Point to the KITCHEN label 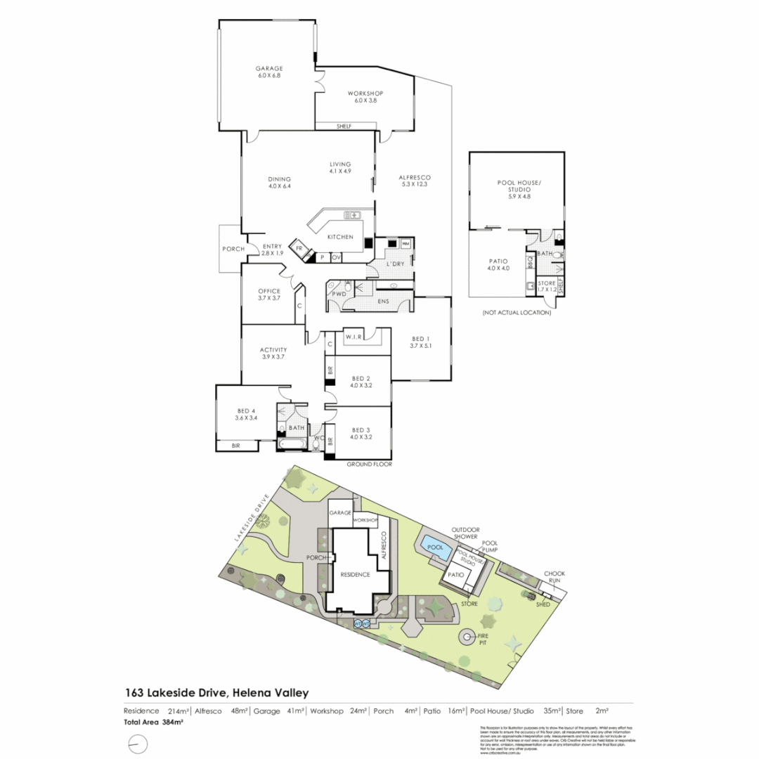(341, 237)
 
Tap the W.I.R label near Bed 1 (353, 337)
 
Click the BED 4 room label (246, 414)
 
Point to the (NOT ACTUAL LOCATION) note (517, 312)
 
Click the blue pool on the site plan (436, 547)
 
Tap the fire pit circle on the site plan (467, 638)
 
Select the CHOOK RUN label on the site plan (554, 577)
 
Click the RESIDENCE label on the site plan (355, 574)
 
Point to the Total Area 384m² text (154, 722)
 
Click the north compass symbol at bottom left (138, 743)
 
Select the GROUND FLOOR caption (369, 465)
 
